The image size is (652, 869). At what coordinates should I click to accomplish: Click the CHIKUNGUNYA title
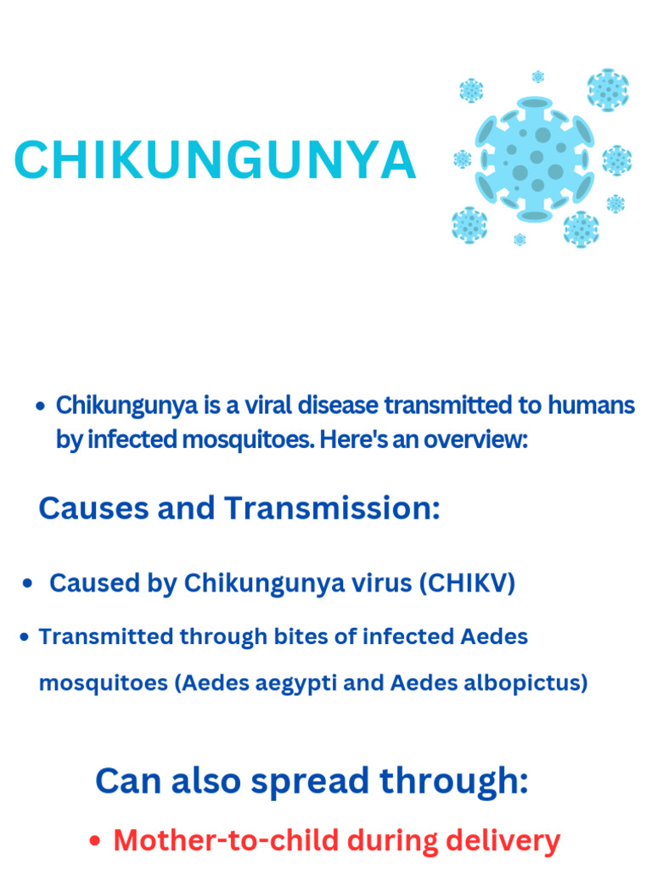[x=215, y=160]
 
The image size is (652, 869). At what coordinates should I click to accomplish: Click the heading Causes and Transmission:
[x=239, y=508]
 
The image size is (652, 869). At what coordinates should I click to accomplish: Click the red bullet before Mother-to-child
[x=96, y=842]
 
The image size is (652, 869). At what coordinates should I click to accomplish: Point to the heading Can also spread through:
[x=312, y=781]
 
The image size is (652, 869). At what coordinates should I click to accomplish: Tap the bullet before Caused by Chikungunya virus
[x=28, y=584]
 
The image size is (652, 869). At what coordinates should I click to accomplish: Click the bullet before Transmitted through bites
[x=25, y=636]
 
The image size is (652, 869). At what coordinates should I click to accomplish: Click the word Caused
[x=90, y=583]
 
